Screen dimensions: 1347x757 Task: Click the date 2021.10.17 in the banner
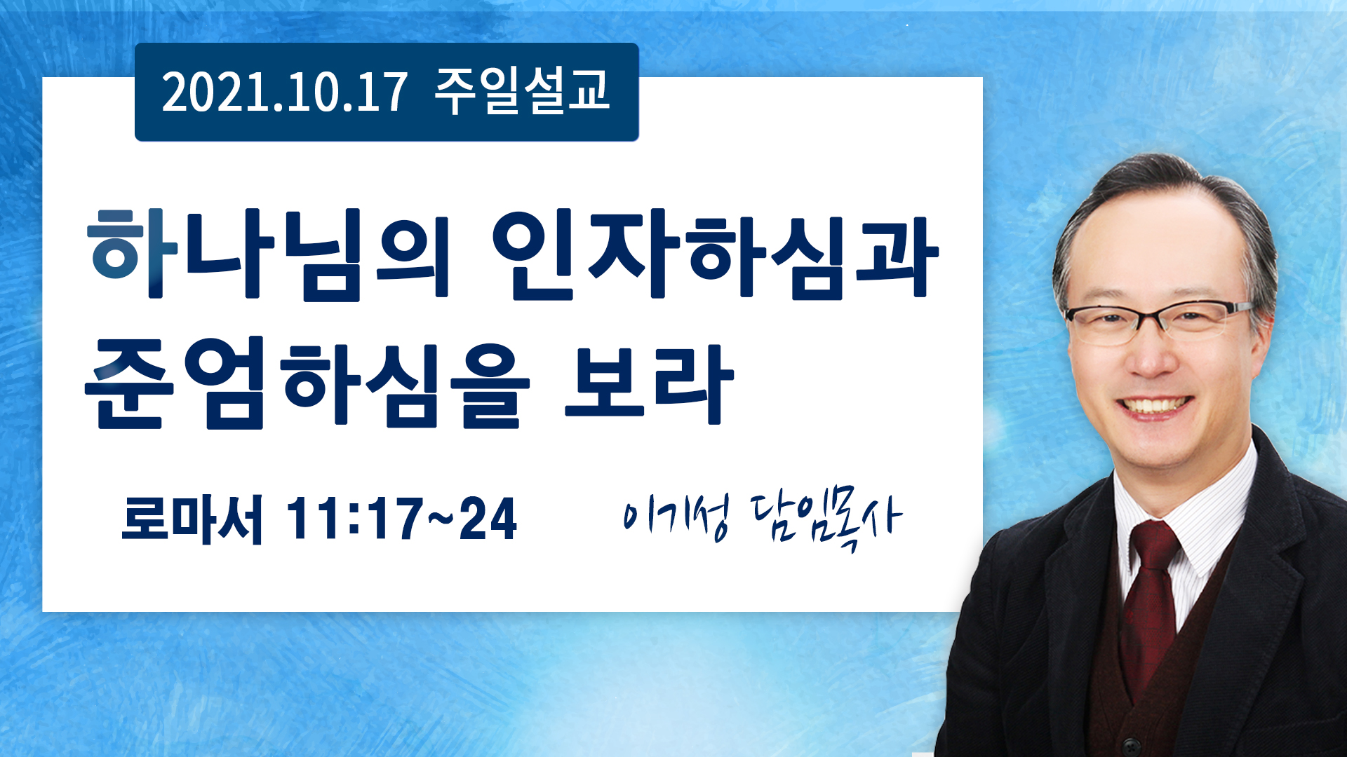284,93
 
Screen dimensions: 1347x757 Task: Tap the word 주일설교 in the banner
522,91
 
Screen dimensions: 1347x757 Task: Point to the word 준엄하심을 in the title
307,383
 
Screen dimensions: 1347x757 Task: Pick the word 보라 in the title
650,383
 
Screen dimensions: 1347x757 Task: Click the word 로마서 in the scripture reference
192,519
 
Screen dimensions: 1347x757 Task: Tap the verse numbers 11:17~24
402,519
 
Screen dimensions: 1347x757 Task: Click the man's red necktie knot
1155,546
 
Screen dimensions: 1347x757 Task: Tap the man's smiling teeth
1155,406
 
